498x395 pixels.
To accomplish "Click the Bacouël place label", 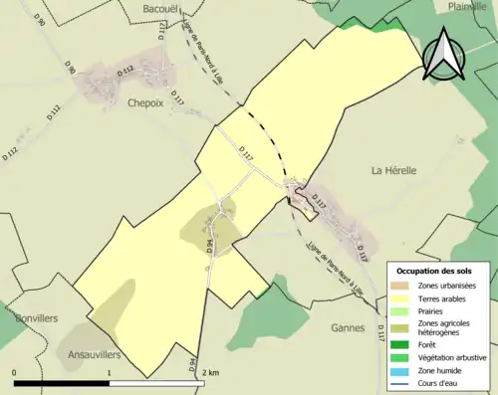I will (x=159, y=9).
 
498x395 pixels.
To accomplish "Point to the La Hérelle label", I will (x=393, y=170).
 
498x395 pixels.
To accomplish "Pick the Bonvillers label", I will (x=36, y=317).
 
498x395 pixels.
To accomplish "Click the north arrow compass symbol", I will (x=445, y=55).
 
